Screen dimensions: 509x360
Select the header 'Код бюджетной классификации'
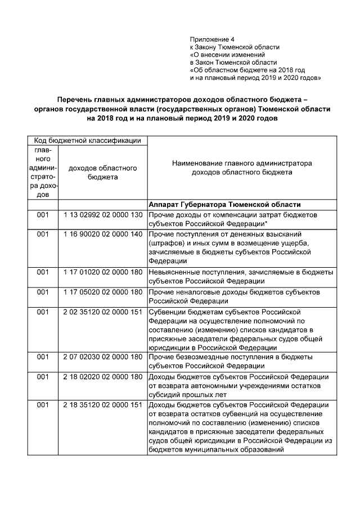coord(87,140)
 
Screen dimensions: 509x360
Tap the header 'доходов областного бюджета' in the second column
coord(102,172)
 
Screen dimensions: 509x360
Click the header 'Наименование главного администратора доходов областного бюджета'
coord(242,168)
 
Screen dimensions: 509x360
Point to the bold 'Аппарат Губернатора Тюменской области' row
coord(224,204)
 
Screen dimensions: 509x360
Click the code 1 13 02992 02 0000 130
coord(102,215)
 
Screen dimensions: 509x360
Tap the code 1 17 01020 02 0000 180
coord(102,272)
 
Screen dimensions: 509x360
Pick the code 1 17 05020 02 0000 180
coord(102,292)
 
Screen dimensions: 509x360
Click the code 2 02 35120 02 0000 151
coord(102,312)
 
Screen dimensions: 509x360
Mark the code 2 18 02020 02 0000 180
coord(102,376)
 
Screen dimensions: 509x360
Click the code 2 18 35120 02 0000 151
coord(102,405)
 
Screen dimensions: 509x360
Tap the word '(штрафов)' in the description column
coord(165,243)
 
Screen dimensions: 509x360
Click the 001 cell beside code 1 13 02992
coord(43,215)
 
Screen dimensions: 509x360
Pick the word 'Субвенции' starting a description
coord(167,312)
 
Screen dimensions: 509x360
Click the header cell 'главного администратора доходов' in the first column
coord(43,172)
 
